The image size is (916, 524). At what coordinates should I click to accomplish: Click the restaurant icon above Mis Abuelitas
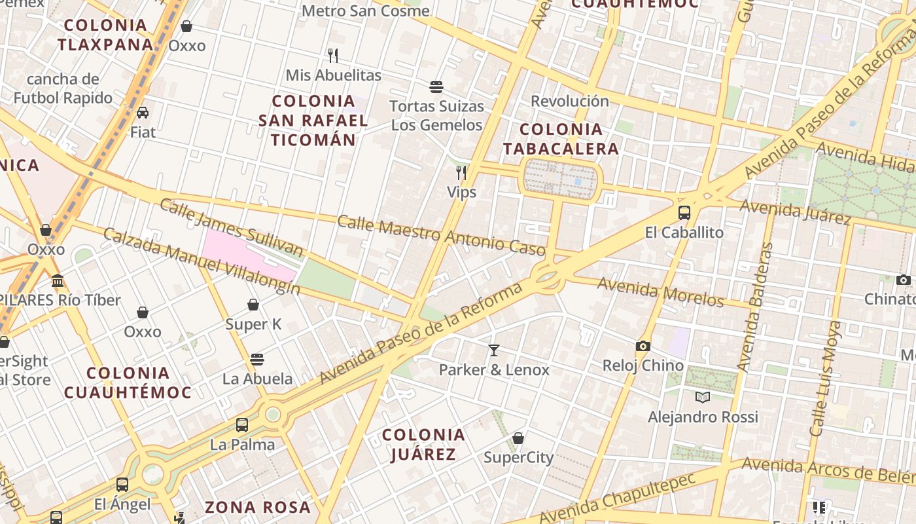(333, 56)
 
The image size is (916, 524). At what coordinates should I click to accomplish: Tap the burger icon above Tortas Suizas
(436, 86)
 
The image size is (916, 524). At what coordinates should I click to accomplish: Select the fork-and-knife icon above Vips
(461, 173)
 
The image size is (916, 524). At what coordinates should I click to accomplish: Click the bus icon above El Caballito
(684, 213)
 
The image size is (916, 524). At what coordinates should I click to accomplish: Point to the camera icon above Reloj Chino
(643, 346)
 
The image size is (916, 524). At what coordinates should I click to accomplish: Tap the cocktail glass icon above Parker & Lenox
(494, 350)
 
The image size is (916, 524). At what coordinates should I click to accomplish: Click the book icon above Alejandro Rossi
(703, 397)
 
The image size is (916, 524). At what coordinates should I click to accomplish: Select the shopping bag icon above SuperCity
(518, 438)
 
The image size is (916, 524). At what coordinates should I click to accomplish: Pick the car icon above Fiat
(143, 113)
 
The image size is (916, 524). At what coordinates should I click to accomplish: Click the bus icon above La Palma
(242, 425)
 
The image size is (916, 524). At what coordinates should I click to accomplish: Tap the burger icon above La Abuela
(257, 360)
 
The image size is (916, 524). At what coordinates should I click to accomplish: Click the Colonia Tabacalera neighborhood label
(561, 138)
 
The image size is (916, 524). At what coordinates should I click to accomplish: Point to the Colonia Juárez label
(423, 444)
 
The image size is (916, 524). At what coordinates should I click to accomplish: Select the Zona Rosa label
(258, 507)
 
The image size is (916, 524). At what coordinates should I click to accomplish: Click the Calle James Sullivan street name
(232, 227)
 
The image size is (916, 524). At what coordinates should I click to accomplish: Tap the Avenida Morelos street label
(660, 292)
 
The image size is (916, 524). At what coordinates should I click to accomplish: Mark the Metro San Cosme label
(366, 11)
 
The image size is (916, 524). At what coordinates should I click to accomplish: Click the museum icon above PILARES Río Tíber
(58, 281)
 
